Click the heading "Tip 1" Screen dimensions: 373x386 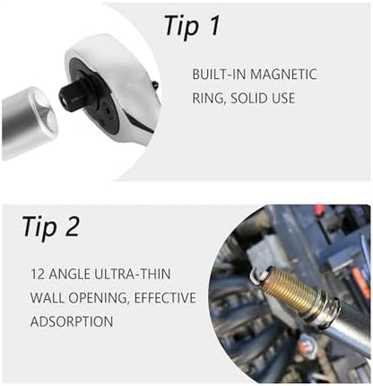tap(192, 27)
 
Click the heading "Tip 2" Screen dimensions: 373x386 tap(51, 226)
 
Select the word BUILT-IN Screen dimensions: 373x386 tap(219, 75)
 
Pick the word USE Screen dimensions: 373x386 tap(282, 99)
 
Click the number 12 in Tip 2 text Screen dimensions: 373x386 tap(38, 274)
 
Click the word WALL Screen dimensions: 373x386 tap(48, 298)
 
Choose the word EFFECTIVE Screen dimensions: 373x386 tap(165, 298)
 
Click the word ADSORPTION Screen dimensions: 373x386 tap(72, 321)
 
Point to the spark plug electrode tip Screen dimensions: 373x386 tap(254, 275)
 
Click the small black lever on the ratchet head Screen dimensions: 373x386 tap(155, 85)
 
